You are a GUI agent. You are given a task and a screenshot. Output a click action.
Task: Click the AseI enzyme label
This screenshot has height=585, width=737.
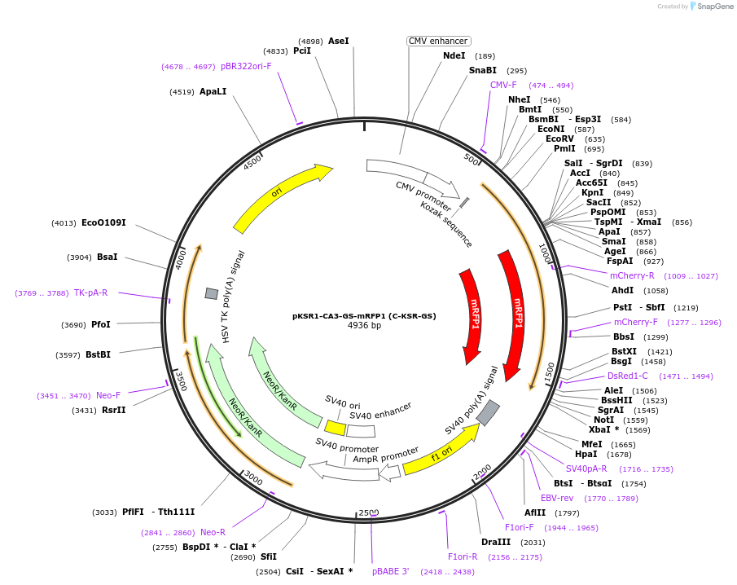pos(338,41)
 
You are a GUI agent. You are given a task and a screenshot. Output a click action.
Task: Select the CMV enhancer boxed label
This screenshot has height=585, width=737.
pos(438,41)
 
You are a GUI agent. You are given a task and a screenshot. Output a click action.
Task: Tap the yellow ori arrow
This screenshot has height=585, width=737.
pos(281,196)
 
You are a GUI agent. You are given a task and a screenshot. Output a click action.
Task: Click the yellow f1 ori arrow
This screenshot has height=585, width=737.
pos(440,451)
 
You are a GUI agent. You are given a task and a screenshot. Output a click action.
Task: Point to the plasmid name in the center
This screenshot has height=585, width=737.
pos(364,315)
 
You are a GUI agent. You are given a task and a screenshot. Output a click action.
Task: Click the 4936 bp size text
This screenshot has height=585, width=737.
pos(364,326)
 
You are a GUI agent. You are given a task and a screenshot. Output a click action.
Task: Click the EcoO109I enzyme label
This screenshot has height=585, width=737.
pos(103,222)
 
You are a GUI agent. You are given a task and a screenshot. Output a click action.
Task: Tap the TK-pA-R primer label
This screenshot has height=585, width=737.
pos(90,292)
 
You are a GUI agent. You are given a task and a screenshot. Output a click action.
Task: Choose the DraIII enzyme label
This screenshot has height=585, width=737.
pos(495,542)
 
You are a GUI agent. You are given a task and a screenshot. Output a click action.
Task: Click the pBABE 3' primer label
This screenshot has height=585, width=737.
pos(391,571)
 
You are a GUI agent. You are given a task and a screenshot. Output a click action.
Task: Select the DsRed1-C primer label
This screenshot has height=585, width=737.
pos(628,376)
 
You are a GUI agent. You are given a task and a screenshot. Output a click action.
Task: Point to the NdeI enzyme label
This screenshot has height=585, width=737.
pos(454,55)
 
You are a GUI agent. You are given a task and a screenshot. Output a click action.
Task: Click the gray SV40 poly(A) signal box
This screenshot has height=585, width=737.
pos(488,413)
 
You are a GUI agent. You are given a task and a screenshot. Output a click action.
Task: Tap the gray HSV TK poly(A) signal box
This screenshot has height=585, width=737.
pos(212,293)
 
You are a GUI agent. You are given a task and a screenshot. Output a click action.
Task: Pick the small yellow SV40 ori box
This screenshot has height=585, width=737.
pos(335,427)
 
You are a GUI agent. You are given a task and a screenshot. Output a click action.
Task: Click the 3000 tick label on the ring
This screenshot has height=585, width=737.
pos(253,479)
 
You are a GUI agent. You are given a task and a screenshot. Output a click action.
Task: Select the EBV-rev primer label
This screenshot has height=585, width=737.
pos(557,498)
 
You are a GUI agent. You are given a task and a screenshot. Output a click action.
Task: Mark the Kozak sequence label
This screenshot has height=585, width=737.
pos(446,224)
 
